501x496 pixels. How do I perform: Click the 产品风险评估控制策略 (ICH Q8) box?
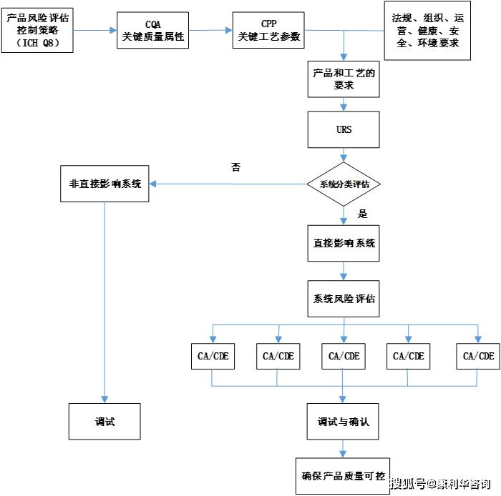pyautogui.click(x=38, y=29)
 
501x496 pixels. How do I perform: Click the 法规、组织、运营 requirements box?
pyautogui.click(x=427, y=30)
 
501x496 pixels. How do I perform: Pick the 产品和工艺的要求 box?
pyautogui.click(x=344, y=78)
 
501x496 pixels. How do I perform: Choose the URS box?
pyautogui.click(x=344, y=130)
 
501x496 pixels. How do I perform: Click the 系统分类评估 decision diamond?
pyautogui.click(x=344, y=184)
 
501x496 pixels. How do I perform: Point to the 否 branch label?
pyautogui.click(x=235, y=167)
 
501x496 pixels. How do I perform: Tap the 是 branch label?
pyautogui.click(x=362, y=214)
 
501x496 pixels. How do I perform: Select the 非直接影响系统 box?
pyautogui.click(x=104, y=183)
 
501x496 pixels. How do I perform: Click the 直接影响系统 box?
pyautogui.click(x=344, y=242)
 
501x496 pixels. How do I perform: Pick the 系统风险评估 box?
pyautogui.click(x=344, y=298)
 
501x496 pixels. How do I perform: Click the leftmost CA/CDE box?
pyautogui.click(x=213, y=355)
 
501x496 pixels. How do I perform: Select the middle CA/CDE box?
pyautogui.click(x=344, y=355)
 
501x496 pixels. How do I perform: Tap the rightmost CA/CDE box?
pyautogui.click(x=478, y=355)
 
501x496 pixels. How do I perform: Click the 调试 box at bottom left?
pyautogui.click(x=104, y=422)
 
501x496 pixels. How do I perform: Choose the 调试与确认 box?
pyautogui.click(x=344, y=422)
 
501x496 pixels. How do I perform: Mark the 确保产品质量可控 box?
pyautogui.click(x=344, y=476)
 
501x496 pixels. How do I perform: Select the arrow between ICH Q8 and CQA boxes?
pyautogui.click(x=94, y=30)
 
